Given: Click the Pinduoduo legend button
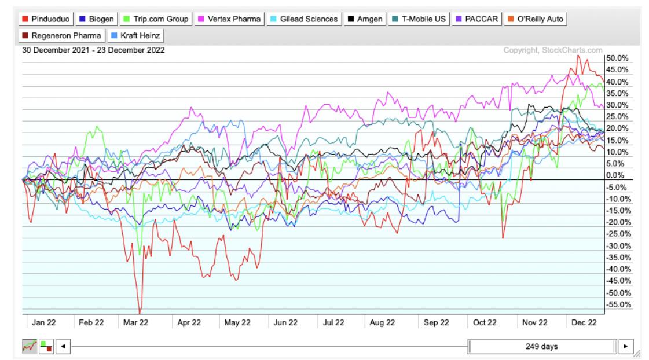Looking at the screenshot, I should pyautogui.click(x=47, y=19).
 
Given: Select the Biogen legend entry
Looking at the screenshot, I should pyautogui.click(x=97, y=19).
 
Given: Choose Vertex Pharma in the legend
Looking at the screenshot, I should pyautogui.click(x=230, y=19).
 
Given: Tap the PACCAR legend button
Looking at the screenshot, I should pyautogui.click(x=476, y=19).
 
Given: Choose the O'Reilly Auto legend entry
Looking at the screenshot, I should pyautogui.click(x=536, y=19).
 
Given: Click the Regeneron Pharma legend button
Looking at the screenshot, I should pyautogui.click(x=62, y=36).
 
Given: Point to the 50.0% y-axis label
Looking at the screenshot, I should pyautogui.click(x=616, y=58).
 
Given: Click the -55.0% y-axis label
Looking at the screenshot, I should pyautogui.click(x=617, y=304).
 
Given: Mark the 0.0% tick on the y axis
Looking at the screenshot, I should pyautogui.click(x=616, y=175).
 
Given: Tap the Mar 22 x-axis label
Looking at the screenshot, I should pyautogui.click(x=135, y=323).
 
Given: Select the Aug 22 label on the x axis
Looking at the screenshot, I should pyautogui.click(x=382, y=323).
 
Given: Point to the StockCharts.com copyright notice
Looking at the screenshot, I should pyautogui.click(x=553, y=51).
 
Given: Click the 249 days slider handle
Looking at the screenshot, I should pyautogui.click(x=542, y=347).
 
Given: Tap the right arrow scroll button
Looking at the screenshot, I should pyautogui.click(x=625, y=347).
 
